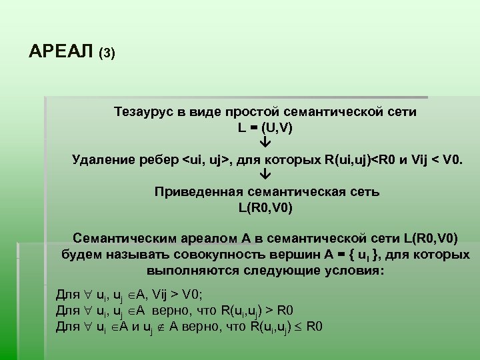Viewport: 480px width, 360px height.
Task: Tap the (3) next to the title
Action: (x=107, y=53)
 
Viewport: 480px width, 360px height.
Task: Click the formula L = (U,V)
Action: (x=265, y=127)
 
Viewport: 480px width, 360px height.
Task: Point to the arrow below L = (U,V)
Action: (x=265, y=143)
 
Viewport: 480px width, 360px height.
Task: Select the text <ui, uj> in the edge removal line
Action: (x=206, y=159)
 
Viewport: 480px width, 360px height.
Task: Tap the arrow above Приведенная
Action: (x=265, y=176)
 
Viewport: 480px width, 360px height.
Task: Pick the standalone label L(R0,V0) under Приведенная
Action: (x=265, y=207)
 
